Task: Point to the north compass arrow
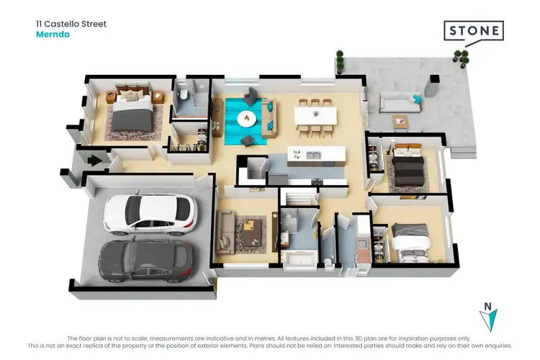[x=489, y=316]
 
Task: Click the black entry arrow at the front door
[x=94, y=161]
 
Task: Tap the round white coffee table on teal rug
[x=247, y=118]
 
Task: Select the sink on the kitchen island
[x=313, y=156]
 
